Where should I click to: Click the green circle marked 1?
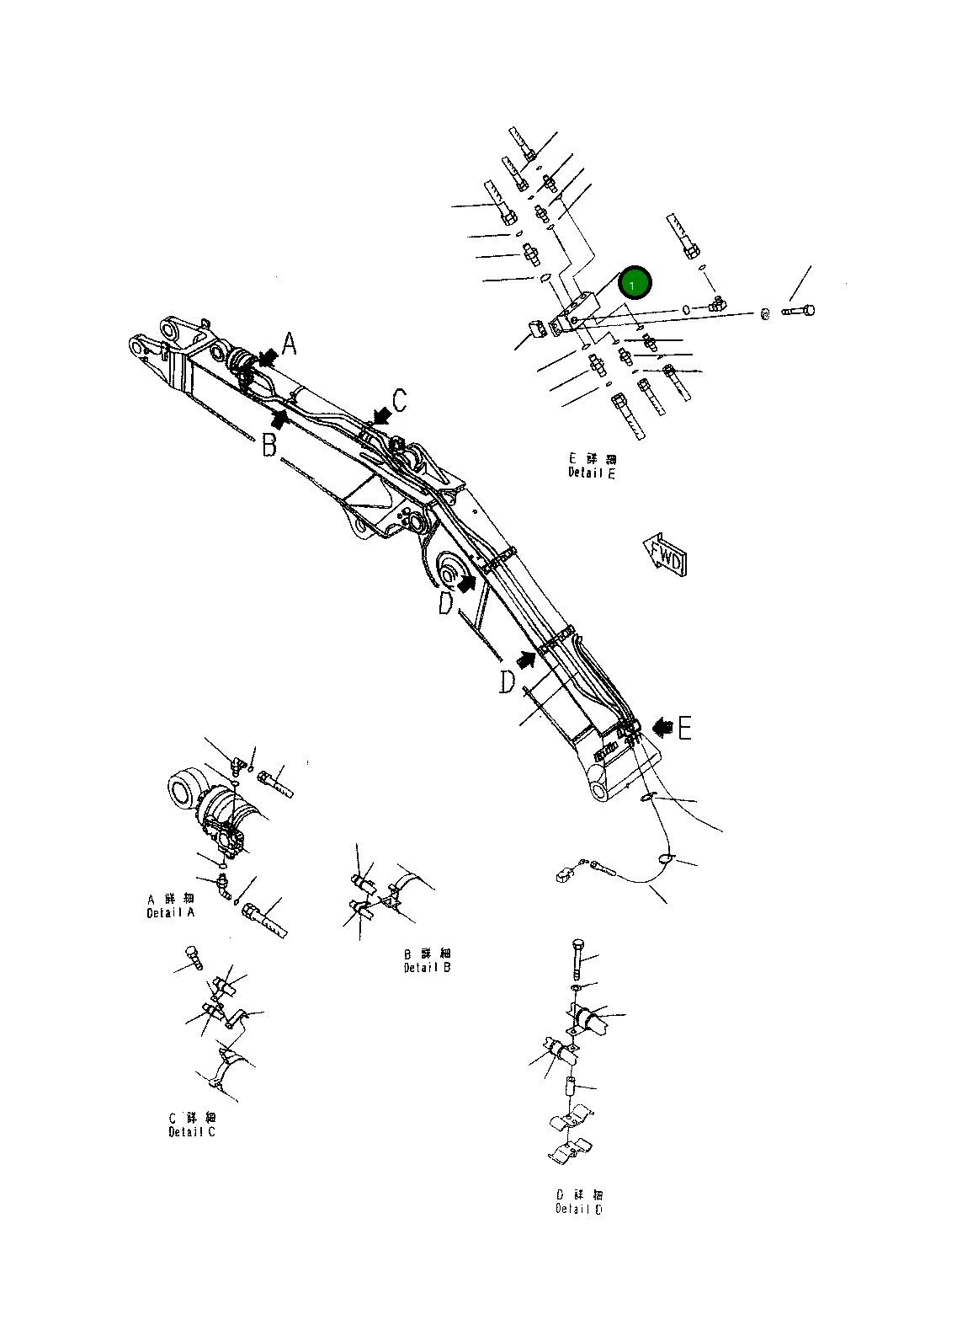(x=635, y=283)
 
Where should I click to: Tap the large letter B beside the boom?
(x=269, y=445)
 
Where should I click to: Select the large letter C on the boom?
(x=400, y=400)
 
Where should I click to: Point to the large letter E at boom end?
(x=684, y=728)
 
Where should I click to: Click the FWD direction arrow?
(x=665, y=554)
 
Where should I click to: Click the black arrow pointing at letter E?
(x=662, y=724)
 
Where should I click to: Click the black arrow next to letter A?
(x=268, y=358)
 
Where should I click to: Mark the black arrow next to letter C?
(x=382, y=414)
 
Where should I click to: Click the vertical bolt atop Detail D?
(x=577, y=957)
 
